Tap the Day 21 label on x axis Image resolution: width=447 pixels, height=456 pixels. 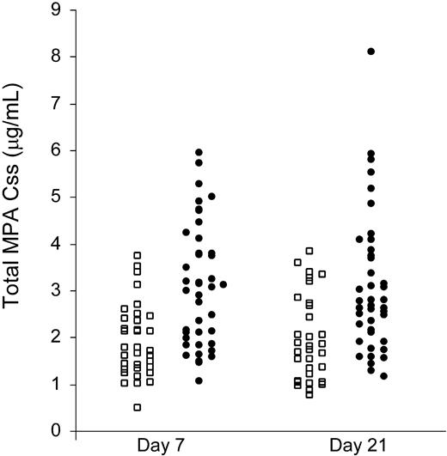(x=353, y=446)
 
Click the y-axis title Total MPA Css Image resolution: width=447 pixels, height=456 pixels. (x=18, y=258)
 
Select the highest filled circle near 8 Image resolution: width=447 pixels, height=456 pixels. (x=371, y=52)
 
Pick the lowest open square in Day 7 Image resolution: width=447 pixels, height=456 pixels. (x=137, y=407)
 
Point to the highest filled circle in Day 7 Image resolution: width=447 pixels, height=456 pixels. (x=199, y=153)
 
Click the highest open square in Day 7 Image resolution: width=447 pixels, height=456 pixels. (x=137, y=255)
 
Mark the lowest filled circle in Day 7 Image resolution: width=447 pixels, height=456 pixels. (x=199, y=380)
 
